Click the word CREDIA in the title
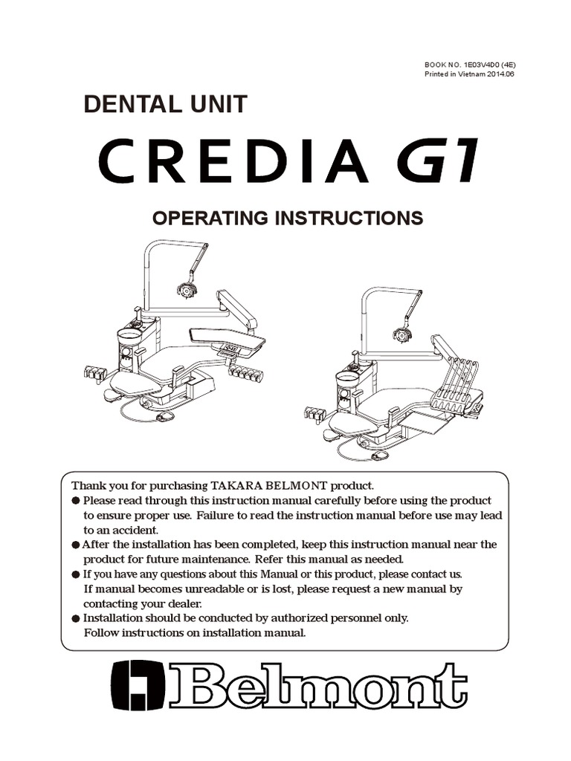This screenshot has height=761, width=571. [x=233, y=161]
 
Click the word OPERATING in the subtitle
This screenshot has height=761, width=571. [x=210, y=218]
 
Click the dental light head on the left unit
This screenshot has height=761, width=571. [x=185, y=290]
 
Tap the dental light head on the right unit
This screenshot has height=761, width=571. [x=402, y=334]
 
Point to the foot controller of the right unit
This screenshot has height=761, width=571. [x=379, y=455]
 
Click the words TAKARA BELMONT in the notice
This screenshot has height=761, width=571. [x=269, y=486]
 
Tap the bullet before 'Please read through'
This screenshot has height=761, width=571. [x=76, y=501]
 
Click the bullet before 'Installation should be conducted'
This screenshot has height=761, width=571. [x=76, y=619]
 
